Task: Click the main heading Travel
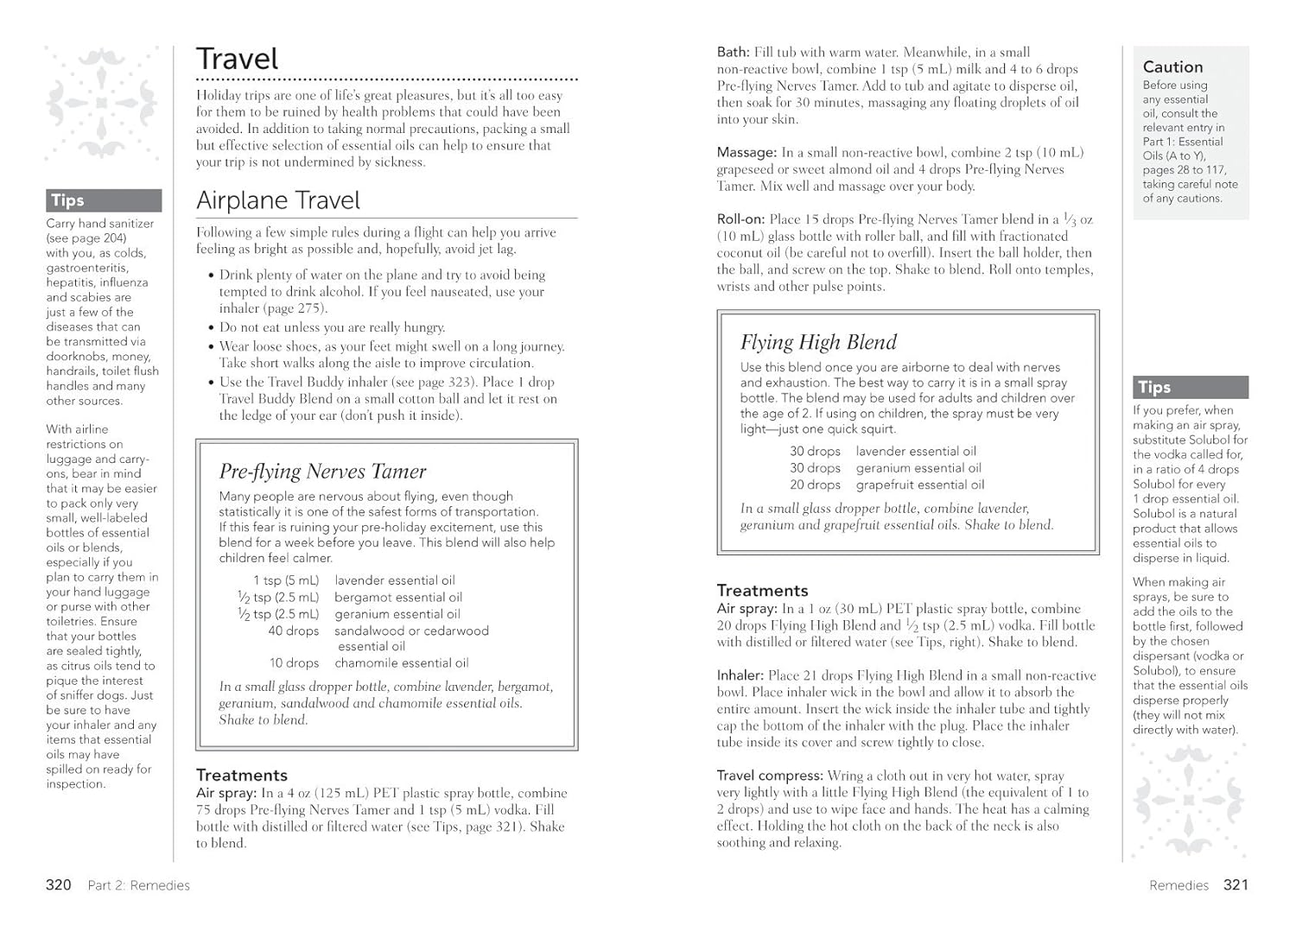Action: pyautogui.click(x=237, y=59)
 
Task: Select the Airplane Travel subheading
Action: pyautogui.click(x=277, y=200)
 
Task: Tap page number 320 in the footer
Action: pyautogui.click(x=58, y=884)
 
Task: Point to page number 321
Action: pyautogui.click(x=1236, y=884)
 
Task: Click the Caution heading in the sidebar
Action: pyautogui.click(x=1172, y=67)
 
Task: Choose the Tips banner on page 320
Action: pyautogui.click(x=104, y=200)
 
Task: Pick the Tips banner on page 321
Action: pyautogui.click(x=1190, y=387)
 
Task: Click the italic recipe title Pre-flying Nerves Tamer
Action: pyautogui.click(x=322, y=472)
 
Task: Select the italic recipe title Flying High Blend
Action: pyautogui.click(x=818, y=342)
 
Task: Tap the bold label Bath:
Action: pyautogui.click(x=733, y=52)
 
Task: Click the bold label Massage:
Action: pyautogui.click(x=746, y=152)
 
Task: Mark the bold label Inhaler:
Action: pyautogui.click(x=740, y=675)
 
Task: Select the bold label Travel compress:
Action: pyautogui.click(x=769, y=776)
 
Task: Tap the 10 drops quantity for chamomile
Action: pyautogui.click(x=293, y=662)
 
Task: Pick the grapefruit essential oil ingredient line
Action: pyautogui.click(x=919, y=485)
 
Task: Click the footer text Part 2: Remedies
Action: pyautogui.click(x=138, y=885)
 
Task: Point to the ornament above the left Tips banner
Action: pyautogui.click(x=102, y=105)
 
